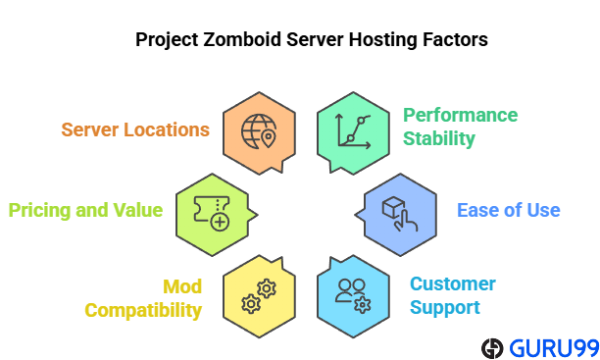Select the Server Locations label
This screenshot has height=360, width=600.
135,129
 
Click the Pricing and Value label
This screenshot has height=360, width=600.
85,210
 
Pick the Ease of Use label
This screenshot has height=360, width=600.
509,210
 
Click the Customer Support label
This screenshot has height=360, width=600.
452,295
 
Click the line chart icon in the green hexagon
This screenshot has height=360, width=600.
350,129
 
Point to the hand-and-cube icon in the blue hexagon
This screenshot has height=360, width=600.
398,210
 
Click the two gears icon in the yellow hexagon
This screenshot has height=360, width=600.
257,296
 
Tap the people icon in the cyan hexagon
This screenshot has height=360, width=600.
351,294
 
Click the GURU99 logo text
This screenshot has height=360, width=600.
550,347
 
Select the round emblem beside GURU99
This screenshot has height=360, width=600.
492,347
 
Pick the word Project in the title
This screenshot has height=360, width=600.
165,40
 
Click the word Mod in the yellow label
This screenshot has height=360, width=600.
182,286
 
